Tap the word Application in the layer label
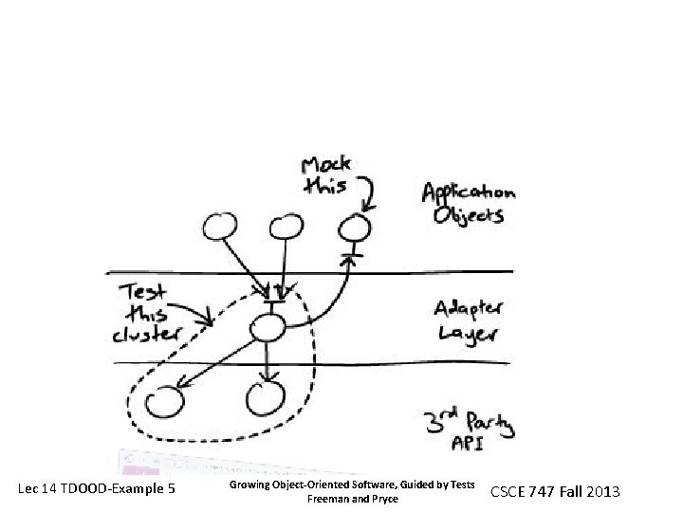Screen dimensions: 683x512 point(468,193)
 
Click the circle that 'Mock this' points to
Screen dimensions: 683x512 point(355,228)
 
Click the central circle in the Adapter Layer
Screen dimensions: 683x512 point(267,329)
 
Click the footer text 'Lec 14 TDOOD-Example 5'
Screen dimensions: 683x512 point(97,489)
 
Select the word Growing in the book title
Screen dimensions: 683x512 point(249,484)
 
